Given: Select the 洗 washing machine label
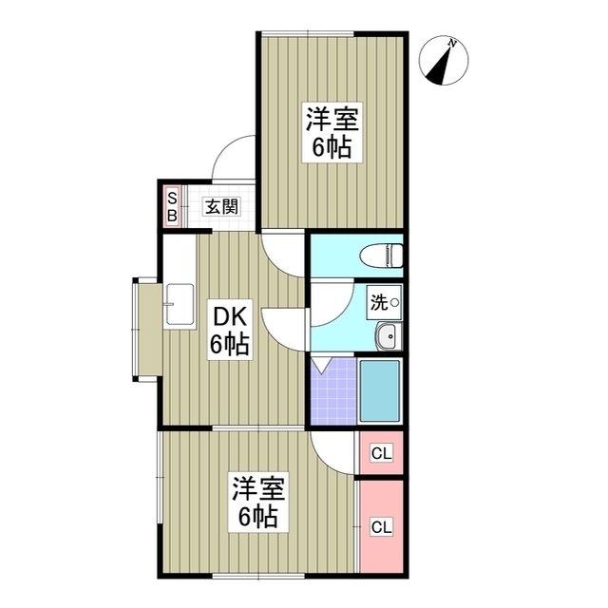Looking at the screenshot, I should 379,302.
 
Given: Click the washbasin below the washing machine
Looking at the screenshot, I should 387,335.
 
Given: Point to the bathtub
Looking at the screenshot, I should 380,391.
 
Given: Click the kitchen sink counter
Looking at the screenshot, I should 178,305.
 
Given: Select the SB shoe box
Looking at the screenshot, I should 172,206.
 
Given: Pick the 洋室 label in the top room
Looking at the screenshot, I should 329,121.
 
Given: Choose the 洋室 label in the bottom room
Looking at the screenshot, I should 257,490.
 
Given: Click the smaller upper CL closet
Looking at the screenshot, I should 381,453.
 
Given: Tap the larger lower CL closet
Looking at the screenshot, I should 381,525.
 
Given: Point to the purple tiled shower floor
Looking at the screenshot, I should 333,391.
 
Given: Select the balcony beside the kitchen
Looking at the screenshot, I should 148,329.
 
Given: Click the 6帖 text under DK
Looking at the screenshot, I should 229,345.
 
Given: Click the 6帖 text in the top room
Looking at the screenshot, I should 329,147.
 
